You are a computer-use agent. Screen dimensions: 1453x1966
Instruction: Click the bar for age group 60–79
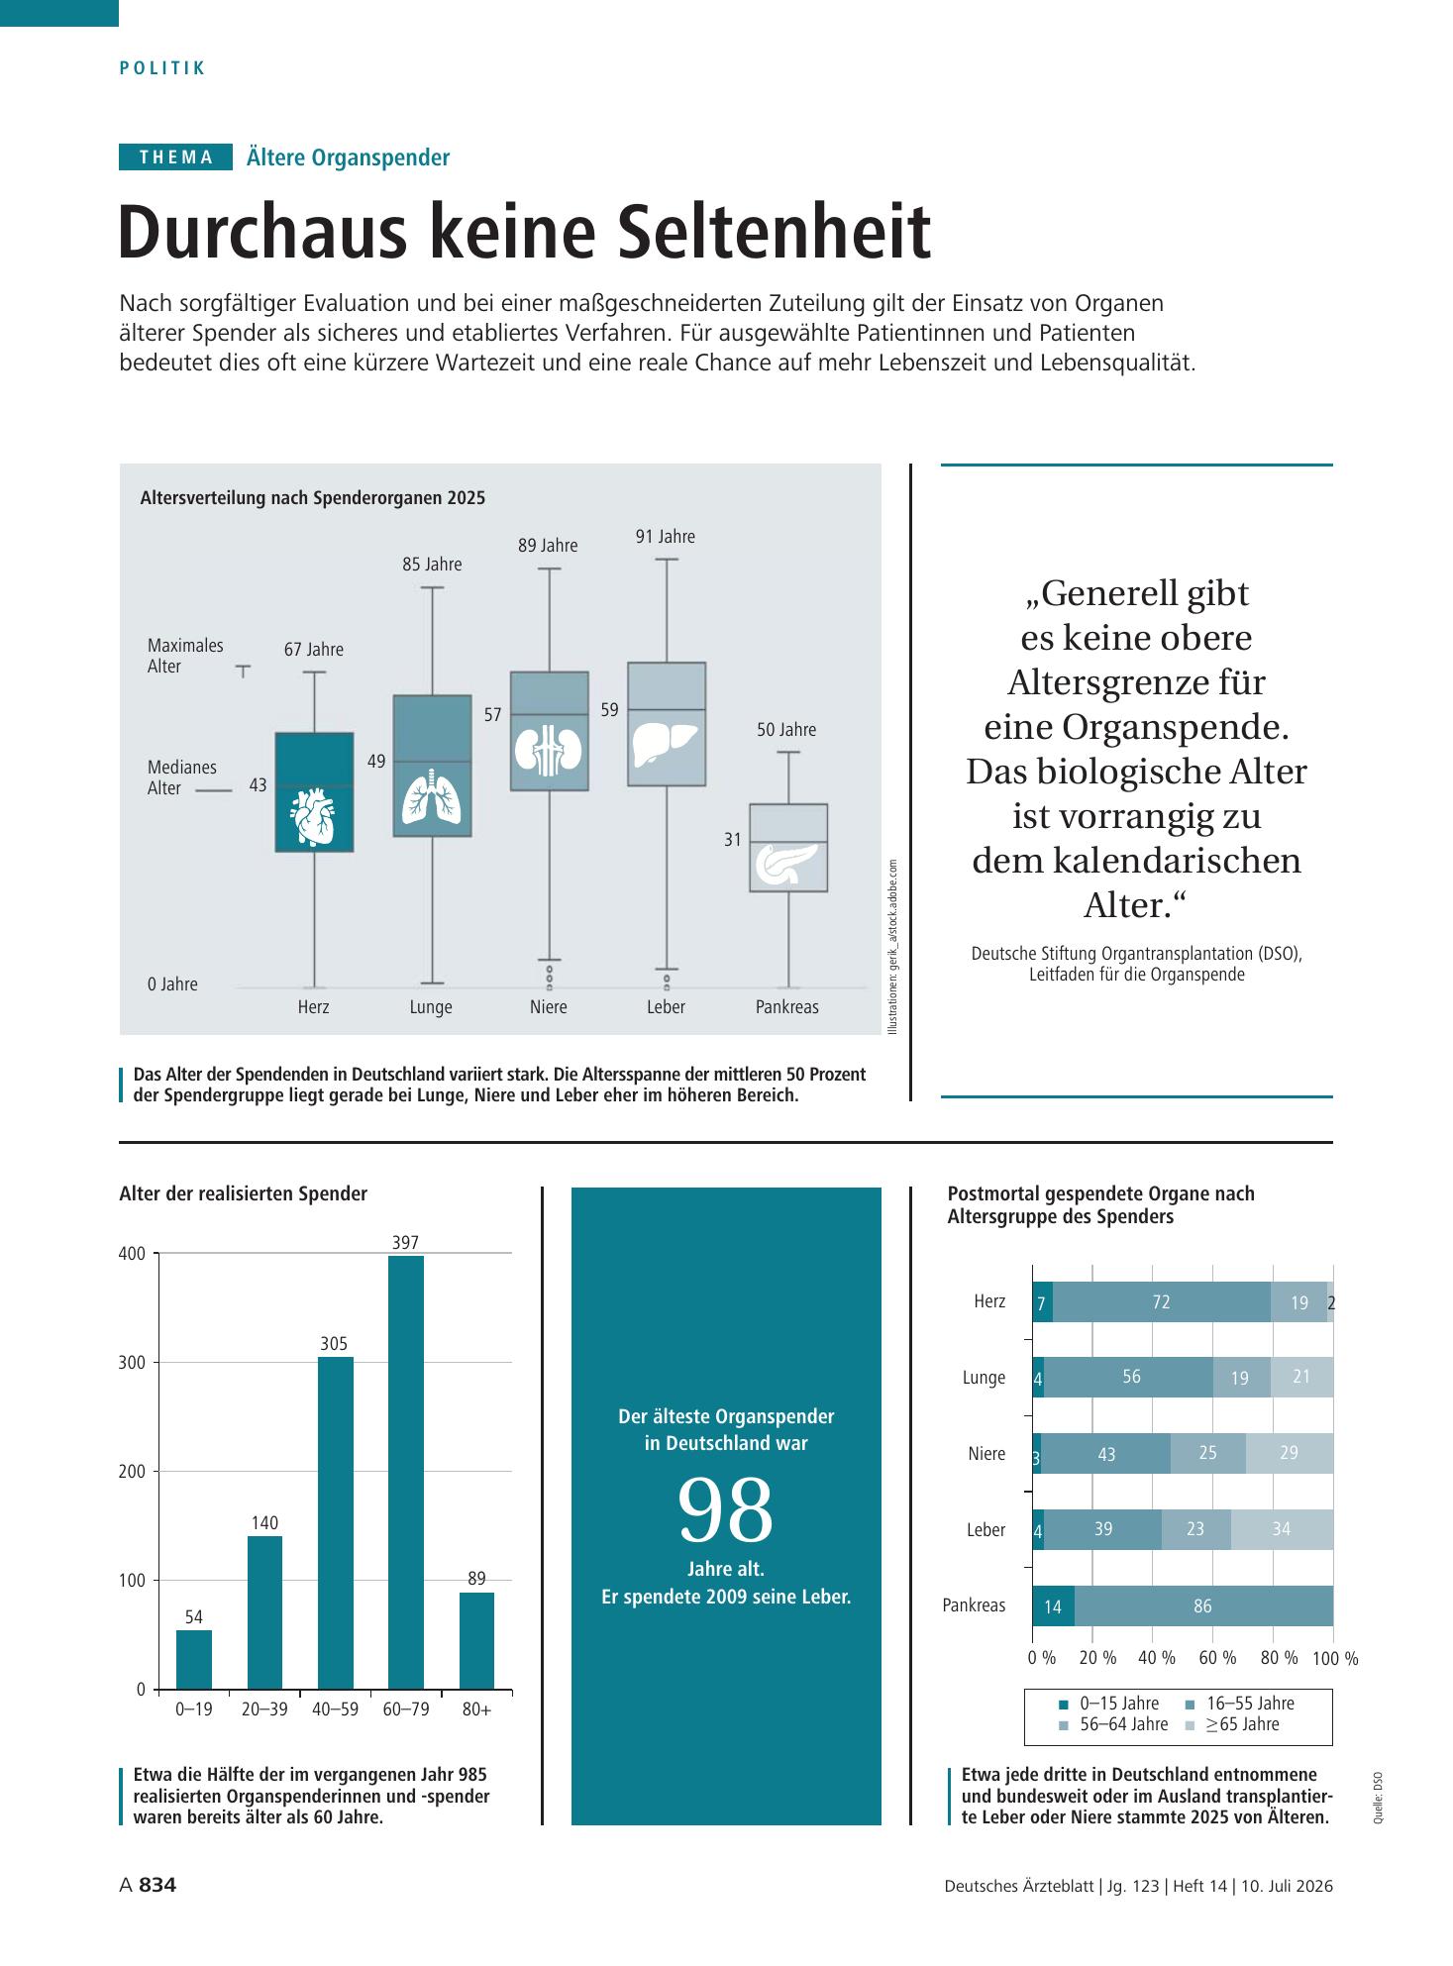pyautogui.click(x=406, y=1472)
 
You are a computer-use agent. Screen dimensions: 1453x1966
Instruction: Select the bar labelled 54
pyautogui.click(x=194, y=1659)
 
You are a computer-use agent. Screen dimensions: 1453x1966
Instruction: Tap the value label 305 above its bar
pyautogui.click(x=334, y=1344)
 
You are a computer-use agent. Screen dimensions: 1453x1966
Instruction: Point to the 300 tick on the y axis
pyautogui.click(x=133, y=1363)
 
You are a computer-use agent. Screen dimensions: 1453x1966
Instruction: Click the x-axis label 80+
pyautogui.click(x=476, y=1709)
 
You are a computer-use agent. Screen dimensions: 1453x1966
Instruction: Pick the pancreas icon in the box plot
pyautogui.click(x=786, y=865)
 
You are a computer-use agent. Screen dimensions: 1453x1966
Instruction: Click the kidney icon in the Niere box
pyautogui.click(x=550, y=750)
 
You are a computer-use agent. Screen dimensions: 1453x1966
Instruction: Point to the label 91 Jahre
pyautogui.click(x=666, y=537)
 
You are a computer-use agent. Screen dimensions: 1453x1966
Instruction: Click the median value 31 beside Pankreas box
pyautogui.click(x=733, y=840)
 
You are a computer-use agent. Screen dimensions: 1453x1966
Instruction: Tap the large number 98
pyautogui.click(x=726, y=1511)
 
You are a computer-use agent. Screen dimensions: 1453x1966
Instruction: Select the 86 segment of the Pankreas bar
pyautogui.click(x=1203, y=1605)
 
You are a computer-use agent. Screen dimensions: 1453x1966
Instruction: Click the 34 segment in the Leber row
pyautogui.click(x=1282, y=1529)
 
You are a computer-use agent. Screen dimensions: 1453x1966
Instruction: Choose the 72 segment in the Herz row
pyautogui.click(x=1162, y=1302)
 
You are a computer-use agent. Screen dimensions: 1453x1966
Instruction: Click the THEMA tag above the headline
pyautogui.click(x=176, y=156)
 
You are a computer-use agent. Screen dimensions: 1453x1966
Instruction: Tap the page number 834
pyautogui.click(x=157, y=1886)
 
